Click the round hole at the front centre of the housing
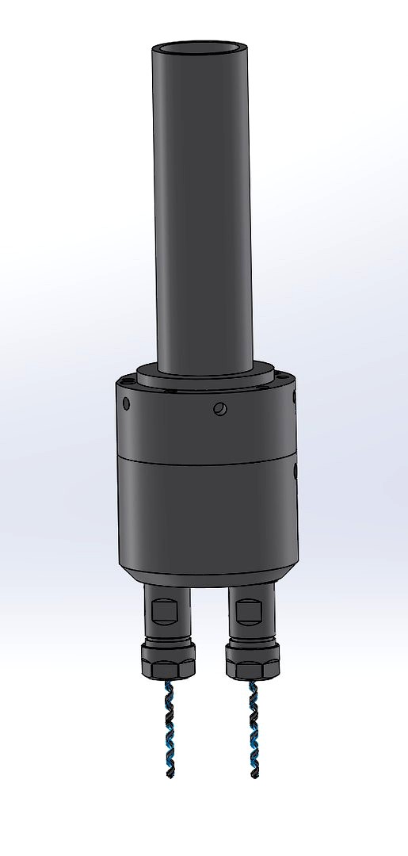point(220,409)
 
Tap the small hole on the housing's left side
point(126,403)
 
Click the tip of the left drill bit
point(169,775)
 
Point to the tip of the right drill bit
point(254,776)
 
